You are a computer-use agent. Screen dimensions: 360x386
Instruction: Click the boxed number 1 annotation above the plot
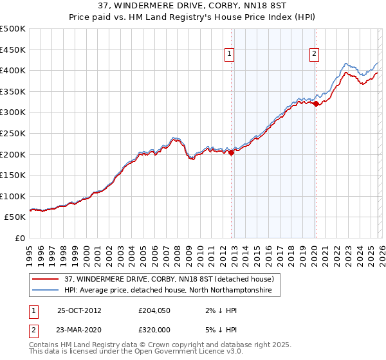coord(230,55)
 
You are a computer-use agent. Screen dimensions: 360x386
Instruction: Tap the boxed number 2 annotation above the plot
coord(314,55)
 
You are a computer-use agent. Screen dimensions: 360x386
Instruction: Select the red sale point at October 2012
coord(232,152)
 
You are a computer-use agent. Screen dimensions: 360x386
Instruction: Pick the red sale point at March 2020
coord(316,104)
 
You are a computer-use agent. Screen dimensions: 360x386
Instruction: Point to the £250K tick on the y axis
coord(14,133)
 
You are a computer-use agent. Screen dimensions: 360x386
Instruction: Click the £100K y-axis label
coord(14,196)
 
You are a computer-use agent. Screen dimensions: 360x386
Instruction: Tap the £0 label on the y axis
coord(19,238)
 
